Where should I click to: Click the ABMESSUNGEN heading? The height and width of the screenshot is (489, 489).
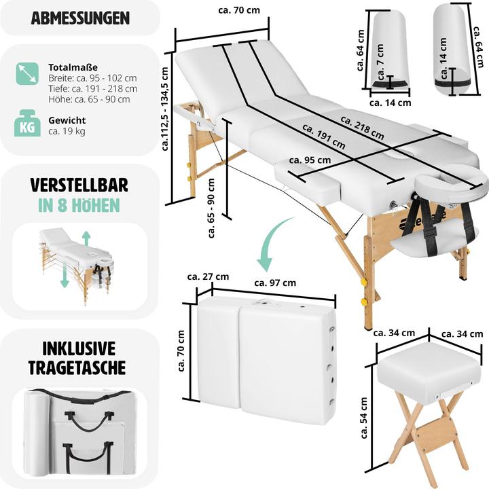click(80, 18)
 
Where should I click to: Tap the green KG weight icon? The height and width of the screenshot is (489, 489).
click(27, 125)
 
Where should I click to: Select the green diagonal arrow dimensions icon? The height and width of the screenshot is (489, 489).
click(27, 73)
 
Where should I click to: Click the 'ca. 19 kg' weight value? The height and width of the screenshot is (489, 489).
click(67, 131)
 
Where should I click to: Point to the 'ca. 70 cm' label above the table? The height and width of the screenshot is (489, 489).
click(234, 11)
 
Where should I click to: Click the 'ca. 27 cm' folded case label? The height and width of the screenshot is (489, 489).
click(208, 276)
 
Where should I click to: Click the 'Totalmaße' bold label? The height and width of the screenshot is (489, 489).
click(73, 68)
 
